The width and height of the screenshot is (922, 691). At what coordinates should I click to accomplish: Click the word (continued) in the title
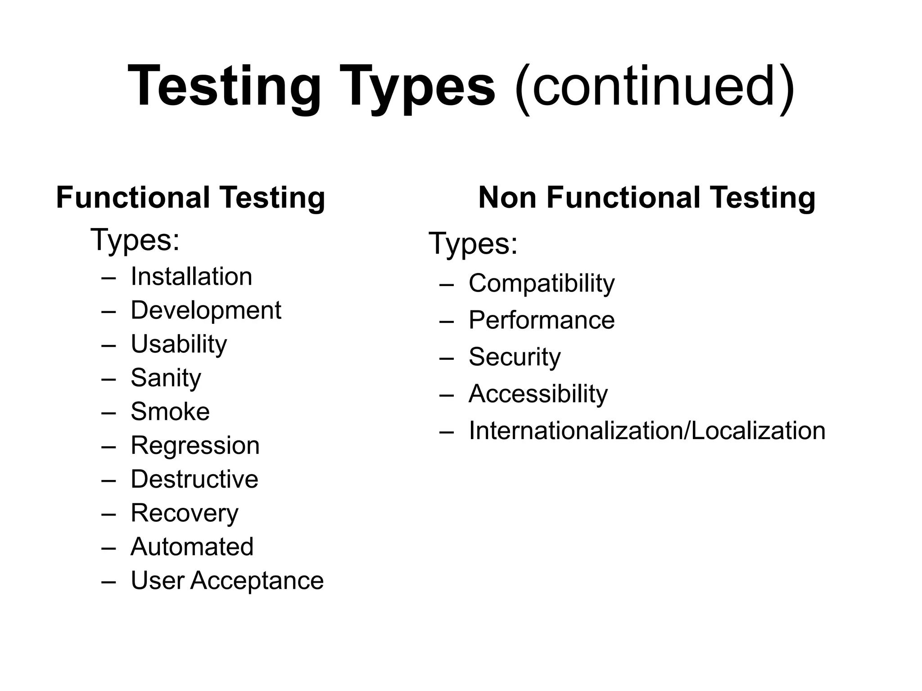click(655, 86)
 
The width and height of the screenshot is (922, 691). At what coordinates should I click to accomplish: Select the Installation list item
click(191, 276)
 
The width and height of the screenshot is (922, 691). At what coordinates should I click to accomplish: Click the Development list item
click(206, 310)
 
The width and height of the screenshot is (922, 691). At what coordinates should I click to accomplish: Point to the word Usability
click(179, 344)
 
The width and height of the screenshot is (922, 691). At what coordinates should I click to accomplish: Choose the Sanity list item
click(166, 378)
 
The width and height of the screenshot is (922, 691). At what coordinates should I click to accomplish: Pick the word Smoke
click(170, 412)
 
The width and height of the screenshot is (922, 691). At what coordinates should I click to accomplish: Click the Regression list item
click(195, 445)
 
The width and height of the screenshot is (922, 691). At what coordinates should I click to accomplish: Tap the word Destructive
click(194, 479)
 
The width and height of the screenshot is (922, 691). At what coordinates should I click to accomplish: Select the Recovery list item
click(185, 513)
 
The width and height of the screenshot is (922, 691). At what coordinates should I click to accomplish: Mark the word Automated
click(192, 547)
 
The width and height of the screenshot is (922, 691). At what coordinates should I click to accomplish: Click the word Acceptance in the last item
click(257, 580)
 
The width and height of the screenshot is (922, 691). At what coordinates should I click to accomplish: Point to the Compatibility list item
click(542, 283)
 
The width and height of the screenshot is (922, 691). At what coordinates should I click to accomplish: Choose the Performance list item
click(542, 320)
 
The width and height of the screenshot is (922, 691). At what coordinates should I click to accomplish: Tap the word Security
click(515, 357)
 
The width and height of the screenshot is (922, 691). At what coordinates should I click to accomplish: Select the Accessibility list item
click(538, 394)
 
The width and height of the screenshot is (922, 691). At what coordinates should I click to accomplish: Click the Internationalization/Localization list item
click(647, 431)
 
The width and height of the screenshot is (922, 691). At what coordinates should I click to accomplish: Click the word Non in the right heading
click(507, 198)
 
